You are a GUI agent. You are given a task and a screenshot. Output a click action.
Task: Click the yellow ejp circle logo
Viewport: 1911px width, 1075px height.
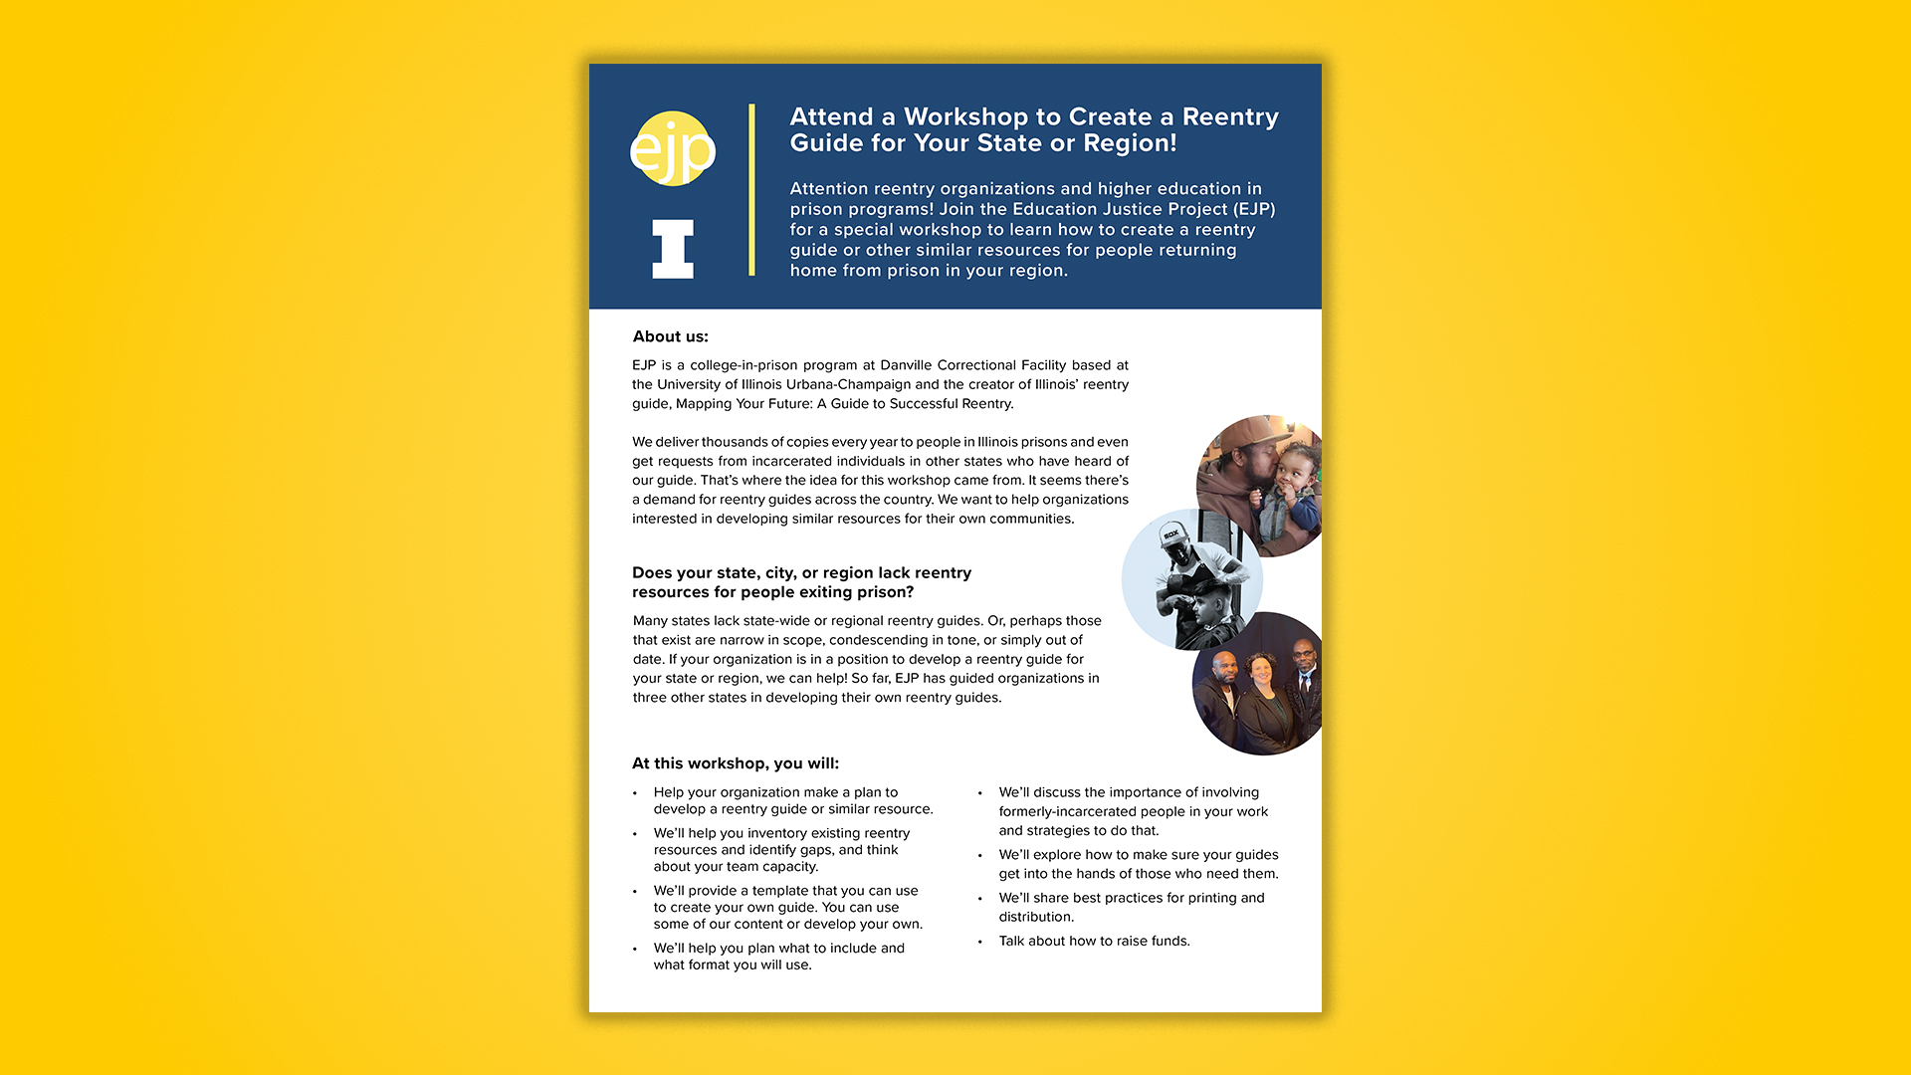[673, 149]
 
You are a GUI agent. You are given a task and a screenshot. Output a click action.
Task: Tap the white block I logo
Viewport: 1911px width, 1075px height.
[673, 249]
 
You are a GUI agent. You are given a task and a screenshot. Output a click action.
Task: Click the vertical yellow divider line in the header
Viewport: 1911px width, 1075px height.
[751, 189]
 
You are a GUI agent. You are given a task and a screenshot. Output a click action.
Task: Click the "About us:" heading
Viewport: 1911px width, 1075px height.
[670, 336]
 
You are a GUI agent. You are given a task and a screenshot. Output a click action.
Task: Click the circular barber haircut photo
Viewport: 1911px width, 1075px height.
[1191, 579]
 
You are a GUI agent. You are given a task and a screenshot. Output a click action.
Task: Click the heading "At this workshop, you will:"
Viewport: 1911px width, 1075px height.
[736, 763]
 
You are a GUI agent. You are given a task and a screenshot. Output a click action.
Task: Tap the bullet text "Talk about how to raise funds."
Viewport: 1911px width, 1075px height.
[1094, 941]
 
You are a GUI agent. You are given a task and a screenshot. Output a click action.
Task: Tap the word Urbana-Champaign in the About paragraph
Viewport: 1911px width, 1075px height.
[848, 384]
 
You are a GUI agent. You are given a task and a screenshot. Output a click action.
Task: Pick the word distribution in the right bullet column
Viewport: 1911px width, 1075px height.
[1035, 917]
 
